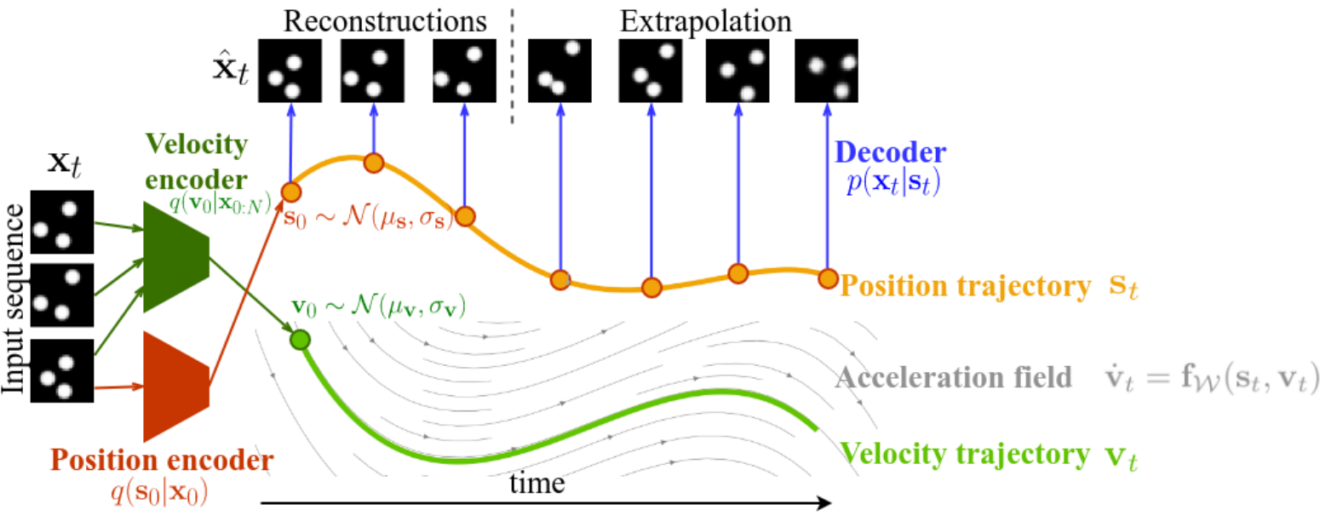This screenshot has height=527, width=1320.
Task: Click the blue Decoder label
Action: tap(889, 153)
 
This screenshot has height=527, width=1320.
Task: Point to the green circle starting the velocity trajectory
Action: tap(300, 341)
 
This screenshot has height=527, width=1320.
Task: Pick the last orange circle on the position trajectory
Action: tap(827, 278)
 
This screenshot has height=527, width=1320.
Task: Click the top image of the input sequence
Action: tap(61, 223)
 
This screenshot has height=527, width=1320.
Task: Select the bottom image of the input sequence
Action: tap(61, 370)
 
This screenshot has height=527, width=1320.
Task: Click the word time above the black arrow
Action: tap(537, 484)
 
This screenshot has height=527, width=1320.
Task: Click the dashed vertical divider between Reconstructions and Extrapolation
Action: tap(512, 68)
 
